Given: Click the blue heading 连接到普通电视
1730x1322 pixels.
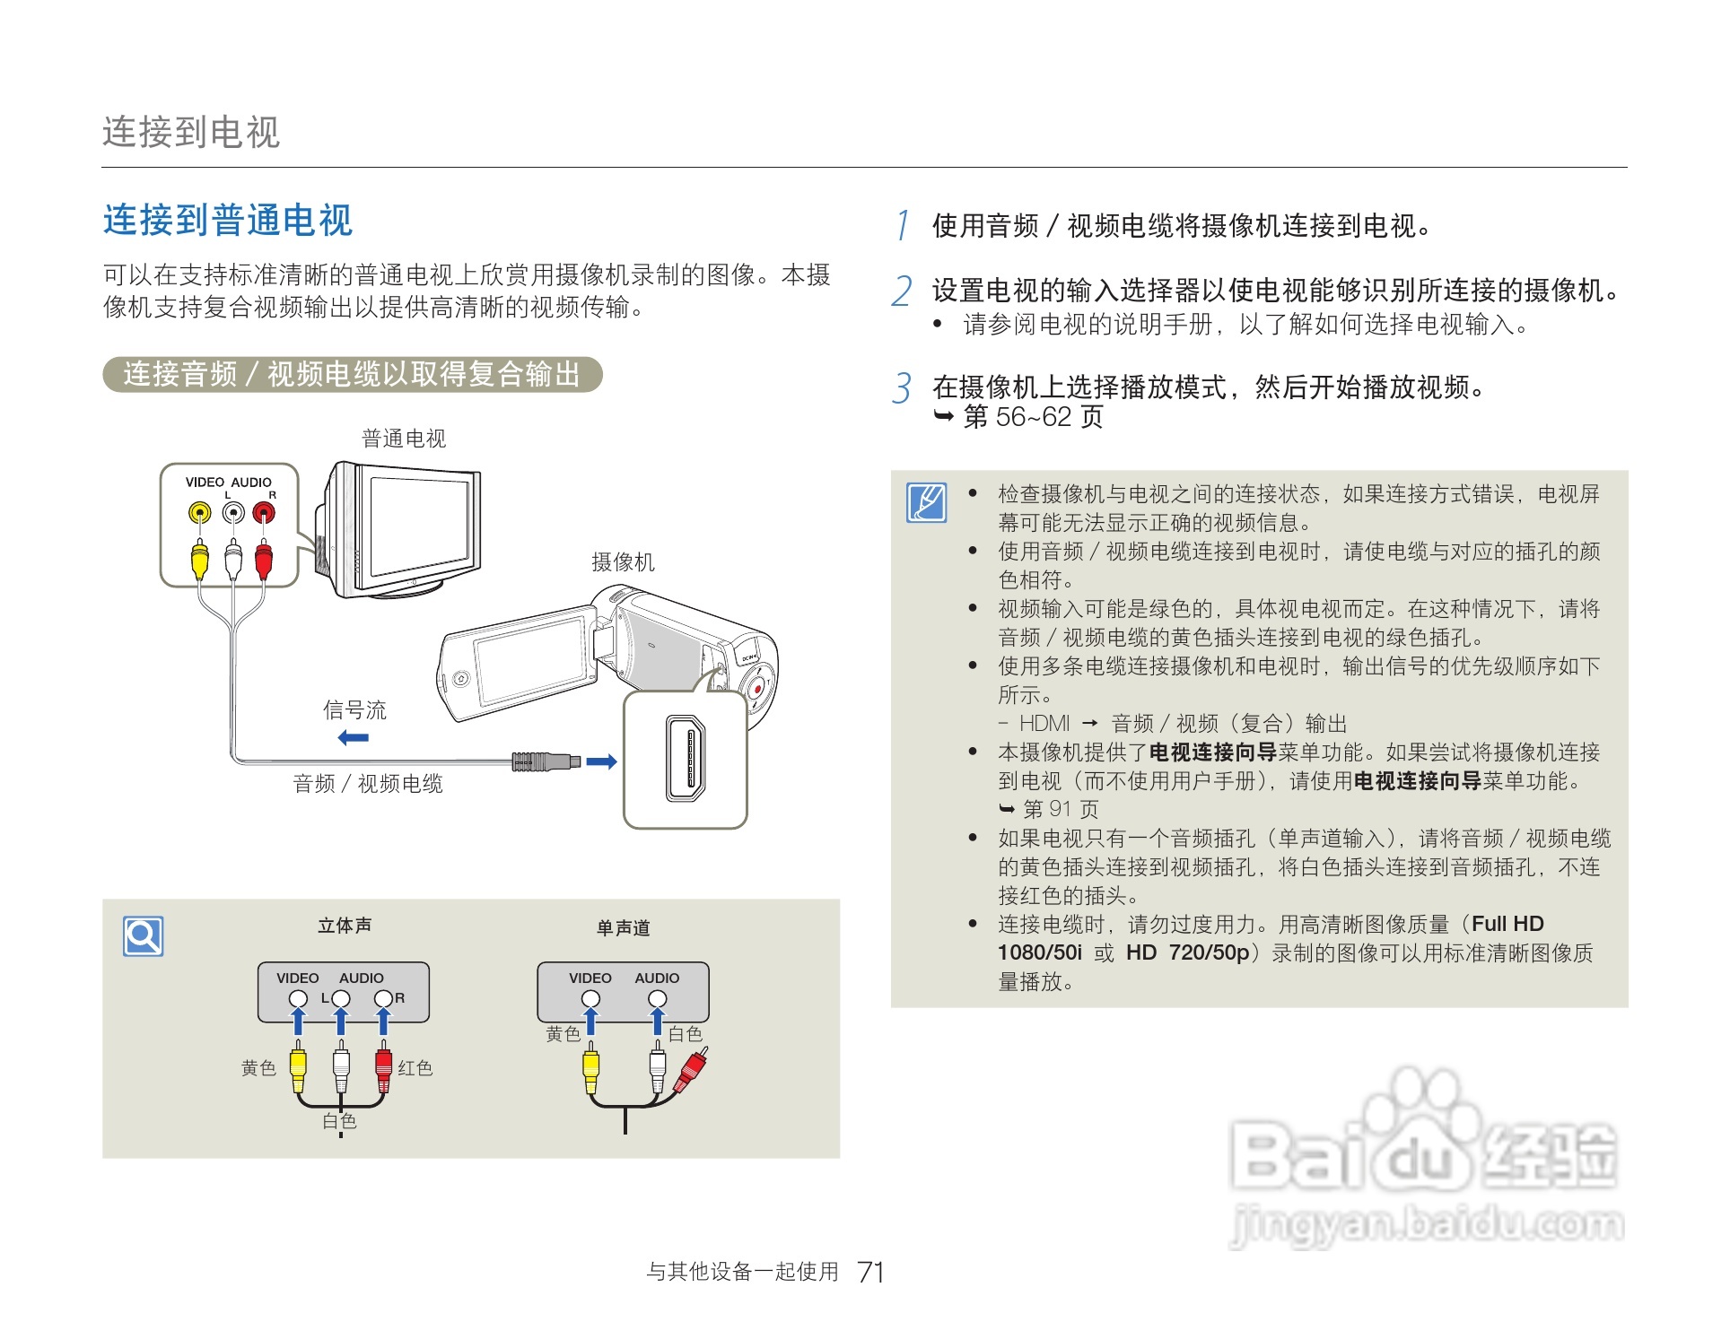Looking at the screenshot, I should [228, 221].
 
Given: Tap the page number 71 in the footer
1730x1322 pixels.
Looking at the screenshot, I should [870, 1272].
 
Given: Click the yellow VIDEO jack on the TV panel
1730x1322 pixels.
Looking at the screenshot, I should [199, 513].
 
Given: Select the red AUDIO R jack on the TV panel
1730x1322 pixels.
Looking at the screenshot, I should [263, 513].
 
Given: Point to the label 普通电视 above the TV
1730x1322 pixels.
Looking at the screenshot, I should [403, 439].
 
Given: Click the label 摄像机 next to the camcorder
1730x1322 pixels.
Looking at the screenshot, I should [623, 562].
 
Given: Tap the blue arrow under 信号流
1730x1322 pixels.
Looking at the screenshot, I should [354, 738].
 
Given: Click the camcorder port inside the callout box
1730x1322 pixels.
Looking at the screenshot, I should [686, 759].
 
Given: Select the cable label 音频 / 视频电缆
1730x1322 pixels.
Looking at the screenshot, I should [368, 784].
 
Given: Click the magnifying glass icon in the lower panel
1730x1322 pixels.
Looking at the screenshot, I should [144, 936].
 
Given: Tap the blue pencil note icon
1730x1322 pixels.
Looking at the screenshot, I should [927, 502].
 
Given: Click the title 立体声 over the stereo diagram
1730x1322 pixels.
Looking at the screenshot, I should [345, 926].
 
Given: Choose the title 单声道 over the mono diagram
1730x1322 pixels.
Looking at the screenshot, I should [623, 928].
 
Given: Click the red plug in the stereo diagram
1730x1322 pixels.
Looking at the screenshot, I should [383, 1065].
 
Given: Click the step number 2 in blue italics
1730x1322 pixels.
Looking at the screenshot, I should [902, 291].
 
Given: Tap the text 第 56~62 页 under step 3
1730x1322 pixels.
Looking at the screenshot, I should [1033, 417].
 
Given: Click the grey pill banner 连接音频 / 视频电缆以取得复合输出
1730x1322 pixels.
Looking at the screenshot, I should [352, 374].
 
